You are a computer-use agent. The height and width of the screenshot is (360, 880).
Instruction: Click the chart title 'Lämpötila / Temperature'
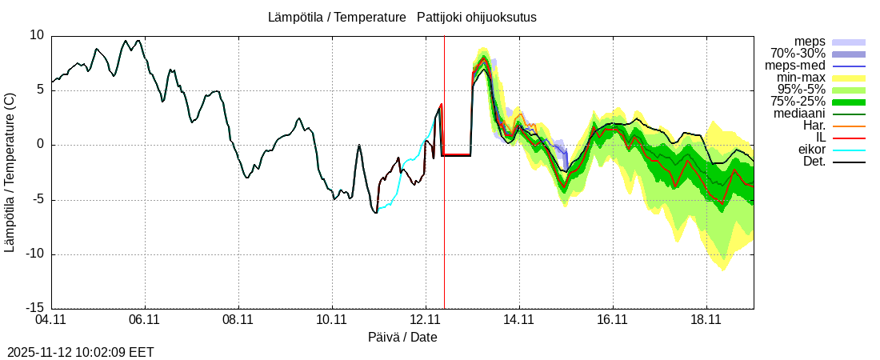point(337,18)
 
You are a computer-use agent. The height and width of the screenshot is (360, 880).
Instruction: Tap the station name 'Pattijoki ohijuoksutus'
point(477,18)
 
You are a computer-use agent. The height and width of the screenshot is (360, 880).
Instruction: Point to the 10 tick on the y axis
point(37,35)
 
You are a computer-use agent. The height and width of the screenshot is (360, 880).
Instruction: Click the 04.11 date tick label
point(51,320)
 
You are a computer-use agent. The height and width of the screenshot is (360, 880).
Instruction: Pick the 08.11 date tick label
point(238,320)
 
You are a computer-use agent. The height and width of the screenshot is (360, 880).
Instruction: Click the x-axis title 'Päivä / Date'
point(403,338)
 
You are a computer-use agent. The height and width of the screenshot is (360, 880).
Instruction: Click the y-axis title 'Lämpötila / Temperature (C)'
point(10,172)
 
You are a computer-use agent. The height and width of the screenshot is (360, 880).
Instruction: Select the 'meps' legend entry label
point(810,42)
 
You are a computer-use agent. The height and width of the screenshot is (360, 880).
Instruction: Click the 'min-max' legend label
point(801,78)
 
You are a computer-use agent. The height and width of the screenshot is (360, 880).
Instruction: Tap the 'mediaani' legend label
point(799,114)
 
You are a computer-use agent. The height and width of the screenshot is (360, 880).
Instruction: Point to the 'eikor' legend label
point(811,150)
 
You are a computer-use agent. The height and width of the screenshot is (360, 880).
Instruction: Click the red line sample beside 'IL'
point(849,138)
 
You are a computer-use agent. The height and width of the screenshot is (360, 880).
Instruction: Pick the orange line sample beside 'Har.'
point(849,126)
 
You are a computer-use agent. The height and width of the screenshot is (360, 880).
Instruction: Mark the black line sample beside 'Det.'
point(849,162)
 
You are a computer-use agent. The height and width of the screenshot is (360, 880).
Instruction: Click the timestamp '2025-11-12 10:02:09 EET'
point(81,352)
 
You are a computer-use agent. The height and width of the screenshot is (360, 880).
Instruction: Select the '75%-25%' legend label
point(798,102)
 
